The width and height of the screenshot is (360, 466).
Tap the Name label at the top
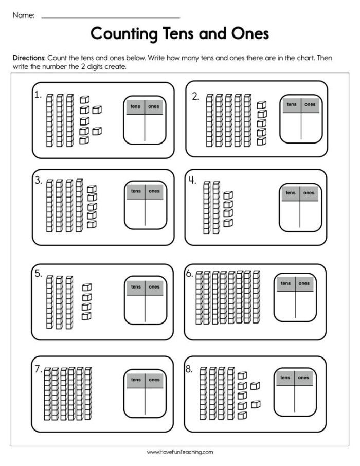pyautogui.click(x=23, y=15)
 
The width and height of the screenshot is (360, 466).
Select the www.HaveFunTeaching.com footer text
pyautogui.click(x=179, y=452)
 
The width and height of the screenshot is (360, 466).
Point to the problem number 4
pyautogui.click(x=191, y=181)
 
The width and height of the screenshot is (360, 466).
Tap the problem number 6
pyautogui.click(x=189, y=274)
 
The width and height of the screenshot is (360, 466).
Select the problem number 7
pyautogui.click(x=38, y=368)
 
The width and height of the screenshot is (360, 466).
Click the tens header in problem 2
pyautogui.click(x=292, y=104)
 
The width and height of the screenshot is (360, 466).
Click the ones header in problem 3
pyautogui.click(x=154, y=191)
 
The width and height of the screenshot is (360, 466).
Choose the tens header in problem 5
pyautogui.click(x=136, y=286)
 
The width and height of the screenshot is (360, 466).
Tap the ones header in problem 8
pyautogui.click(x=304, y=377)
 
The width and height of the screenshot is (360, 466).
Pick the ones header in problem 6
pyautogui.click(x=304, y=283)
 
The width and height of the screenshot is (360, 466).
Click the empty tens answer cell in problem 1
pyautogui.click(x=135, y=128)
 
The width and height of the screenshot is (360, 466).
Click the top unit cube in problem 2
pyautogui.click(x=262, y=105)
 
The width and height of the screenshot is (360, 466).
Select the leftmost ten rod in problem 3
pyautogui.click(x=50, y=205)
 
